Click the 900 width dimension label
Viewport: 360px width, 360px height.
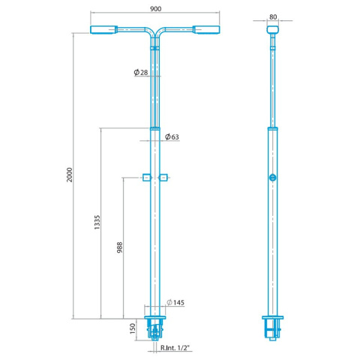pos(155,9)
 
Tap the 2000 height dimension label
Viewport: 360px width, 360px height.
pos(70,175)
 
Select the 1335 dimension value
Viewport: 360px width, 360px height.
pos(97,222)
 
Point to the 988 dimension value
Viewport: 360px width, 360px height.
pos(120,247)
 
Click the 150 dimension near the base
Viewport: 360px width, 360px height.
pos(133,328)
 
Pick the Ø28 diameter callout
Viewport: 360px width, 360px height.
pos(141,73)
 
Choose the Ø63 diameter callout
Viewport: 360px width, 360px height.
pos(172,136)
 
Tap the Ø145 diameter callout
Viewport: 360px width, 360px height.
pos(175,302)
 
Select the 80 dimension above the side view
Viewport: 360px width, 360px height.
pos(273,17)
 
